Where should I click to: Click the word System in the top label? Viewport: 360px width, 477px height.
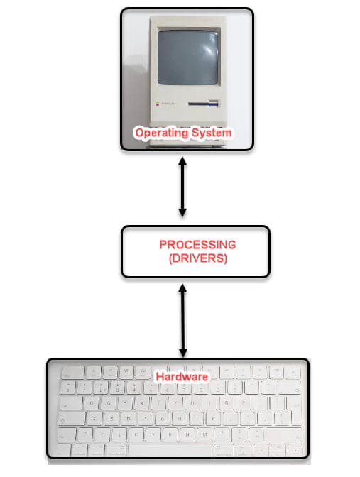point(212,133)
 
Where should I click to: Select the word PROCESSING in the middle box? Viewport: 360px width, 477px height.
point(197,245)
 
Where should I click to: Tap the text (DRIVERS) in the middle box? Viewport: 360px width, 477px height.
point(198,258)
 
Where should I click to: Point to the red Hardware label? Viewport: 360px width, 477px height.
point(182,377)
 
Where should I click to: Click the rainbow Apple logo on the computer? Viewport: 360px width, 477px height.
point(158,104)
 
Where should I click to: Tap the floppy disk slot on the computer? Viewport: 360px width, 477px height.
point(203,104)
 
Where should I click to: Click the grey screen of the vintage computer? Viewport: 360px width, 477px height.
point(188,57)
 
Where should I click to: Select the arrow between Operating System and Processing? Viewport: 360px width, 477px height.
point(182,187)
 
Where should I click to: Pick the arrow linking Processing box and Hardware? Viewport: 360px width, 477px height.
point(182,320)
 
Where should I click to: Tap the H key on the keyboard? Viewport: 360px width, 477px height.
point(179,418)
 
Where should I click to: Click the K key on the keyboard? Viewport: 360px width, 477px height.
point(213,418)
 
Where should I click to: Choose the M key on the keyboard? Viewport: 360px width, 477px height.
point(204,434)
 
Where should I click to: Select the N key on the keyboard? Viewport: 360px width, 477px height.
point(187,434)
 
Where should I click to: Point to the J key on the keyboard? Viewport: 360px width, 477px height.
point(196,418)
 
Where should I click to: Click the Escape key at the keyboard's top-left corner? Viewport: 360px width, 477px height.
point(72,373)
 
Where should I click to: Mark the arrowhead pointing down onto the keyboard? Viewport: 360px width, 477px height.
point(183,353)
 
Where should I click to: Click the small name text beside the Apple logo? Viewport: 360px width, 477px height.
point(168,104)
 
